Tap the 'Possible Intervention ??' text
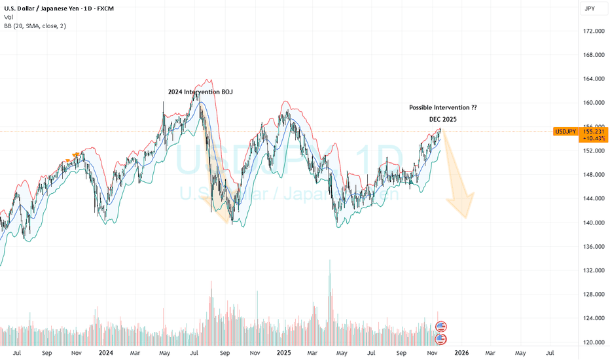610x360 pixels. [442, 107]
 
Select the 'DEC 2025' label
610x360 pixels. [442, 119]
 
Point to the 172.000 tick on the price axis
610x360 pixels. [593, 31]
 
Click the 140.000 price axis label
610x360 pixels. [593, 223]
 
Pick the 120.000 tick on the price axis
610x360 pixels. [593, 342]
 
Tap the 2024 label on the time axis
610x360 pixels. [105, 353]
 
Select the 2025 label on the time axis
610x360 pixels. [284, 353]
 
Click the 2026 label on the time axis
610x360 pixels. [461, 353]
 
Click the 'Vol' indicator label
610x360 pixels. [9, 17]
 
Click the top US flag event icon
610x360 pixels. [441, 326]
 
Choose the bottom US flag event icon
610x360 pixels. [441, 338]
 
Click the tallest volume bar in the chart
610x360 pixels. [330, 301]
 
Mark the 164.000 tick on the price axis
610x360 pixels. [593, 79]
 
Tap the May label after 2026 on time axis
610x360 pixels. [520, 353]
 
